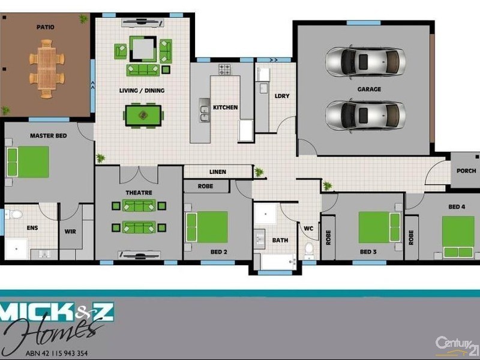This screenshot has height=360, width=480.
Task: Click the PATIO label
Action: tap(45, 27)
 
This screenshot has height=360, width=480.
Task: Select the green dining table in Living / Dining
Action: tap(143, 115)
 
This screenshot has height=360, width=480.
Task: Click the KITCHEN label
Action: tap(226, 108)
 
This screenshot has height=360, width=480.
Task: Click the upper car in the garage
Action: tap(365, 61)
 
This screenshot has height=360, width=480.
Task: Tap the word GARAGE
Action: tap(369, 89)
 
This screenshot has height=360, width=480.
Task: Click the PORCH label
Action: tap(466, 171)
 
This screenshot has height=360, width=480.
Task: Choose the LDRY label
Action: tap(282, 96)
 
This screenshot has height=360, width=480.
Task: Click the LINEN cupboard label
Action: tap(218, 172)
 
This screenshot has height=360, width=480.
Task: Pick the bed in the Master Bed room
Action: tap(27, 162)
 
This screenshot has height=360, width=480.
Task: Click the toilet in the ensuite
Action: tap(14, 214)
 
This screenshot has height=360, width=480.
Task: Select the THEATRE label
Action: tap(139, 193)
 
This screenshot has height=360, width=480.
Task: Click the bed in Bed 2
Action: tap(207, 227)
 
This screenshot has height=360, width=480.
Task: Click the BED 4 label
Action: tap(457, 207)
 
